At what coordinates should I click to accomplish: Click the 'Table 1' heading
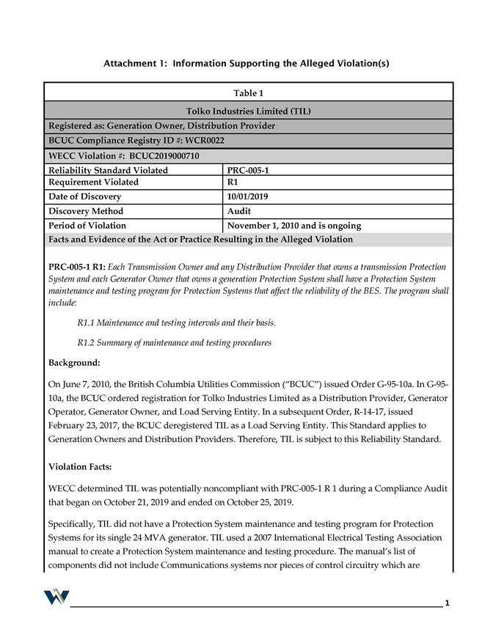tap(248, 93)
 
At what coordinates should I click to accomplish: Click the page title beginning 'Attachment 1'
tap(246, 64)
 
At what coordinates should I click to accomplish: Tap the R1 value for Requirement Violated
tap(233, 182)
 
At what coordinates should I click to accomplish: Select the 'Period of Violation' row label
tap(87, 226)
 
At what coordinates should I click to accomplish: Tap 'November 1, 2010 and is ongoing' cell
tap(294, 226)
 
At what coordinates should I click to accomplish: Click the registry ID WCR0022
tap(203, 140)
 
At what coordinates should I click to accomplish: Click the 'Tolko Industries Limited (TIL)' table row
tap(248, 111)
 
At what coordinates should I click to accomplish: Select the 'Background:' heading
tap(74, 363)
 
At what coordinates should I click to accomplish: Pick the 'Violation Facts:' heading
tap(78, 466)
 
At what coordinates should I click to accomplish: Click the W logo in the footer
tap(56, 596)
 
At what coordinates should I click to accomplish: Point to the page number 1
tap(447, 603)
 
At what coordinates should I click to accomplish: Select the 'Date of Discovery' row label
tap(84, 196)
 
